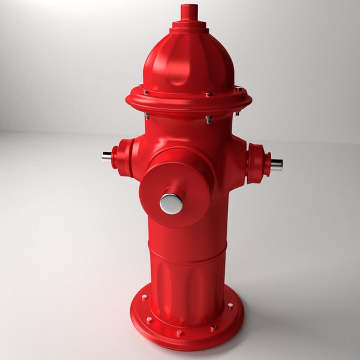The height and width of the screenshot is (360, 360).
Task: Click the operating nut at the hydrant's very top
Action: click(189, 12)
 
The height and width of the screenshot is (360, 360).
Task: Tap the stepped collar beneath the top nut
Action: click(189, 27)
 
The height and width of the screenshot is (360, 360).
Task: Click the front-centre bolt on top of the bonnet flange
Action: click(209, 94)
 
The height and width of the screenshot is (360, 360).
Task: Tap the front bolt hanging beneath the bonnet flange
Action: click(208, 119)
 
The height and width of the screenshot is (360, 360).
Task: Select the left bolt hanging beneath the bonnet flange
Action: click(146, 116)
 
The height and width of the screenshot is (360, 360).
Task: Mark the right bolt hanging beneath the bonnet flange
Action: click(238, 112)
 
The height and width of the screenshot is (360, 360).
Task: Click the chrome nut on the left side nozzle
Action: click(107, 156)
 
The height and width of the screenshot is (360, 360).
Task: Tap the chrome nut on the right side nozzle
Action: click(276, 164)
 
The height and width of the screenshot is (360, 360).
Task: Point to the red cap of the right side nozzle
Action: click(258, 163)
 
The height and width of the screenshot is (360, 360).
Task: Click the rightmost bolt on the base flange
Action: click(230, 307)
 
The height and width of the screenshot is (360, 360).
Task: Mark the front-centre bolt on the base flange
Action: click(179, 332)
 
